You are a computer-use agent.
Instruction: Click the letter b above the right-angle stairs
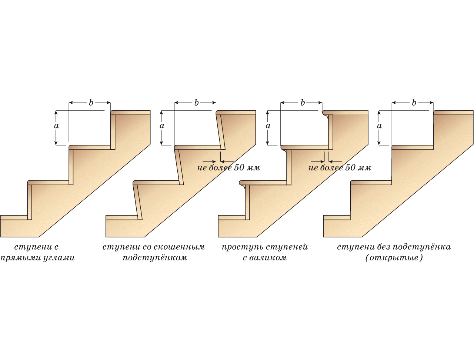point(91,103)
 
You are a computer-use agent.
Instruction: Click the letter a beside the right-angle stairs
point(56,126)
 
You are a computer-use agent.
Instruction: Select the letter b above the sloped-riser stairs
point(196,103)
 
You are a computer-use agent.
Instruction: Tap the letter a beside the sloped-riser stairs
point(162,126)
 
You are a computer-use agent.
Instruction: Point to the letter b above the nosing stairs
point(303,103)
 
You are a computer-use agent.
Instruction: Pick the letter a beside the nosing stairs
point(268,126)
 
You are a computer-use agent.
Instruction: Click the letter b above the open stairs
point(414,103)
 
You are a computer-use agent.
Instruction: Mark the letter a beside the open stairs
point(379,126)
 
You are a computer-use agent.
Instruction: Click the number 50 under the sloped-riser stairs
point(239,167)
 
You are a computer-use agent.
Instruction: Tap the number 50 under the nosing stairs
point(350,167)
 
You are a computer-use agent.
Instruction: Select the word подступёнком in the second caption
point(155,258)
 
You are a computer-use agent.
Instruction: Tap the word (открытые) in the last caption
point(394,258)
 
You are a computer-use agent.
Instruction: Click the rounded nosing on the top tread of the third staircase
point(326,113)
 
